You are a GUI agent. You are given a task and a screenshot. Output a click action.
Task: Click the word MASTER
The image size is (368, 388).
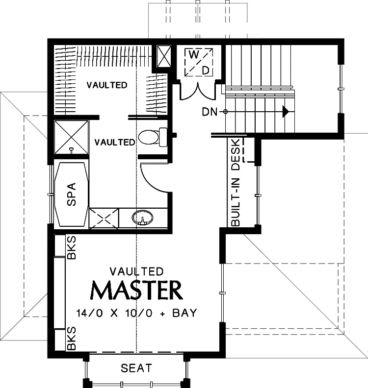tap(136, 290)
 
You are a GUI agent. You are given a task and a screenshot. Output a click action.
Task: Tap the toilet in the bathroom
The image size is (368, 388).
tap(153, 137)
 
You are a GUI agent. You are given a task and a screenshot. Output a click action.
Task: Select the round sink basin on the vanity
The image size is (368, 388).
tap(142, 218)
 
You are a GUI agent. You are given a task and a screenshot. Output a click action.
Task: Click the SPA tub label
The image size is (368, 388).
tap(71, 194)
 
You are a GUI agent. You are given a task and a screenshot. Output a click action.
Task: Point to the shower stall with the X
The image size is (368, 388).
tap(71, 137)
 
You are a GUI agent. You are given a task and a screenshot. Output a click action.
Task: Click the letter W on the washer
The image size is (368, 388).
tap(194, 54)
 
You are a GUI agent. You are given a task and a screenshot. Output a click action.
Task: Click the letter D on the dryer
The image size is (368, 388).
tap(206, 71)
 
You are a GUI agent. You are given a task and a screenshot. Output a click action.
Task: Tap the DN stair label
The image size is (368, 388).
tap(210, 112)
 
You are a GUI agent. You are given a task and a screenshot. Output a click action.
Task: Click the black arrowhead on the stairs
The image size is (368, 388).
tap(286, 111)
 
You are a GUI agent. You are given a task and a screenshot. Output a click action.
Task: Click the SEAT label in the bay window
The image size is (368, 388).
tap(136, 368)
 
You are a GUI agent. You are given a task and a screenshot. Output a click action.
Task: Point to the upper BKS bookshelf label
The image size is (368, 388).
tap(71, 248)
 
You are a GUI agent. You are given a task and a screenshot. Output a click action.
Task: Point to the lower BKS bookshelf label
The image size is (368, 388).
tap(71, 338)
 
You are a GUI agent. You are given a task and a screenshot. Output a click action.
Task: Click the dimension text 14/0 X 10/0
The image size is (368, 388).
tap(114, 313)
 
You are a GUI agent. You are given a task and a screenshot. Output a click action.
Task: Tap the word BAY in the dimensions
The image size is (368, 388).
tap(184, 313)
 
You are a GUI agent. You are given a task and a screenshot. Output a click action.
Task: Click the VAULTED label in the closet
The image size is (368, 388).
tap(107, 85)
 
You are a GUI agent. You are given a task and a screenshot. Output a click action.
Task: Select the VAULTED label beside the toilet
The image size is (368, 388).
tap(115, 142)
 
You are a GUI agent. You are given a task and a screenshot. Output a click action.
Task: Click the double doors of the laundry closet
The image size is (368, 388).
tap(198, 92)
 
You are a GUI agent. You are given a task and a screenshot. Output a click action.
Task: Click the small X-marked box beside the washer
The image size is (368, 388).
tap(164, 56)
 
